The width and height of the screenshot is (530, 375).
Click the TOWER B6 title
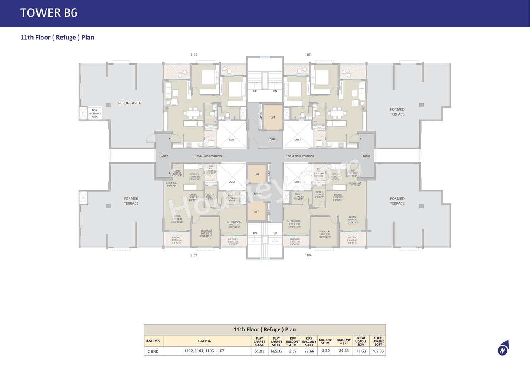tap(49, 13)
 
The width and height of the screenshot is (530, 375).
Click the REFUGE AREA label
tap(130, 103)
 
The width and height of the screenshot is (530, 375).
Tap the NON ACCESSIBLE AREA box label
tap(94, 114)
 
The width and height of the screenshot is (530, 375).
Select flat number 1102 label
tap(194, 55)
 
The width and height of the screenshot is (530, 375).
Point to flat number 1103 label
tap(308, 55)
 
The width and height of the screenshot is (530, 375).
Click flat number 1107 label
tap(194, 256)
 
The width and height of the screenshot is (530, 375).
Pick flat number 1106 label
tap(308, 256)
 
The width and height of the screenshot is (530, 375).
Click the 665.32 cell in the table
tap(276, 351)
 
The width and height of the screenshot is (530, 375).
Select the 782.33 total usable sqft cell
tap(378, 351)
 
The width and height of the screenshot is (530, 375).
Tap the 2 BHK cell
tap(153, 351)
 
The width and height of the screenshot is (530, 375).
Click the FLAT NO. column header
tap(204, 341)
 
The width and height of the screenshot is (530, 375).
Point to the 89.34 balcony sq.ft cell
tap(343, 351)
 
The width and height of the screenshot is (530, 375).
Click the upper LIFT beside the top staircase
tap(272, 117)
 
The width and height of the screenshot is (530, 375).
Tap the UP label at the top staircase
tap(255, 91)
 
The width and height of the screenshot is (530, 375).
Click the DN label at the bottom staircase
tap(255, 233)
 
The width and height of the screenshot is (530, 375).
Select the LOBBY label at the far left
tap(164, 156)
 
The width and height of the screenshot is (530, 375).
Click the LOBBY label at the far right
tap(366, 156)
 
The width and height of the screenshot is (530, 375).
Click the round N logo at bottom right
tap(503, 349)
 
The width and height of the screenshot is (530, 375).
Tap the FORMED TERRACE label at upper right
tap(397, 111)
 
